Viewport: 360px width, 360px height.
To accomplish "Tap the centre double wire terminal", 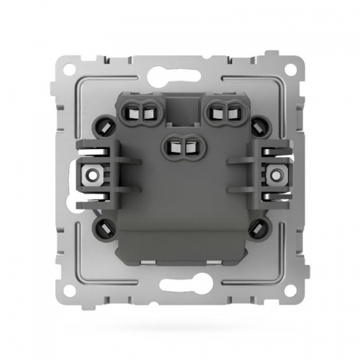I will tap(180, 145).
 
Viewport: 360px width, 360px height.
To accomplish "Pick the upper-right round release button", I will tap(257, 126).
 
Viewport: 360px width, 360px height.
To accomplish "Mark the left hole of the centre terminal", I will tap(174, 145).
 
